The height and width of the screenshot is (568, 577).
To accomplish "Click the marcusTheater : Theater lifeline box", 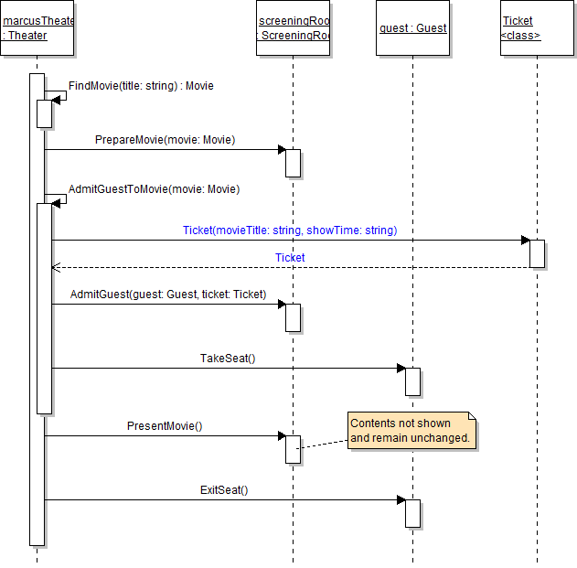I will [37, 28].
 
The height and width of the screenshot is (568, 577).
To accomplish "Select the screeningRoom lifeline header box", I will [294, 28].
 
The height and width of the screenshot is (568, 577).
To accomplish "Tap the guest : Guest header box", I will [412, 28].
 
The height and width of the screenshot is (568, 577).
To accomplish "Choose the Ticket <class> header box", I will [537, 28].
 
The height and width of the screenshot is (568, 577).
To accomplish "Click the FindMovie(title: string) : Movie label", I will [141, 86].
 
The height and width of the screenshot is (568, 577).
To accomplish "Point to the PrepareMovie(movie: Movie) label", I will [165, 140].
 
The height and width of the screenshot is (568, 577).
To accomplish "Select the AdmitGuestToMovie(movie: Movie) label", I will [154, 189].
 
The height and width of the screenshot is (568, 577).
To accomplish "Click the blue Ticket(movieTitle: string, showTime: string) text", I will [290, 230].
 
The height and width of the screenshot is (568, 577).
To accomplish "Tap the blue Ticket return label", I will [290, 258].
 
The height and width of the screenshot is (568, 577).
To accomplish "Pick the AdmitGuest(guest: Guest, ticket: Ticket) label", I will [167, 295].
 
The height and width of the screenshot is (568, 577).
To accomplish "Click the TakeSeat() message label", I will [228, 359].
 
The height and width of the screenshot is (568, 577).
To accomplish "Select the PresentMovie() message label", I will [165, 426].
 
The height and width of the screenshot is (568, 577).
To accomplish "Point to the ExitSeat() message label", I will [224, 490].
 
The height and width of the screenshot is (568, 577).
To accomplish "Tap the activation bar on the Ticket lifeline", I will [538, 253].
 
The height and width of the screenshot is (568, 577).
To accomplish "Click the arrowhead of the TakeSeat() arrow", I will [401, 369].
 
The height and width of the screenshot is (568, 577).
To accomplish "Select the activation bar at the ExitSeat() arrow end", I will [413, 513].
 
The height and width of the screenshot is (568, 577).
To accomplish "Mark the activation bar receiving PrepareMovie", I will [294, 163].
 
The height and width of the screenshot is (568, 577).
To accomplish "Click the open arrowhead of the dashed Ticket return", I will [56, 268].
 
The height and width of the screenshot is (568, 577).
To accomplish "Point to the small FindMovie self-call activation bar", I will [44, 113].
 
